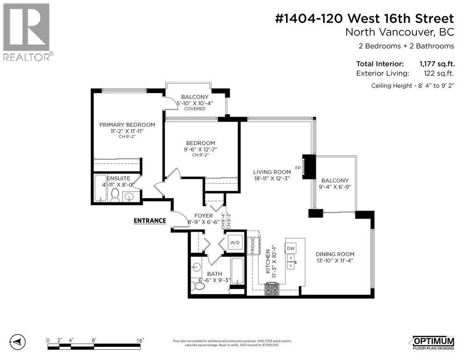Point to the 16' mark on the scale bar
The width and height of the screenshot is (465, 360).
[140, 341]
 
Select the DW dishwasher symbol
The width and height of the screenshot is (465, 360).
[290, 248]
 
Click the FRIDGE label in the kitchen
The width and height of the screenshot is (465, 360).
[253, 246]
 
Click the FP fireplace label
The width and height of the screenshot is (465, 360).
[297, 167]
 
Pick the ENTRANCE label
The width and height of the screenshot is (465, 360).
[150, 221]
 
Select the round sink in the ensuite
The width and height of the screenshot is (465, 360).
[129, 196]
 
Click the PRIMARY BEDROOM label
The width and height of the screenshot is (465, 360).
[127, 125]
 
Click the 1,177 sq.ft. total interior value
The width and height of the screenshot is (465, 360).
[436, 64]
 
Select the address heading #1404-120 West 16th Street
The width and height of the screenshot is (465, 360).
[364, 19]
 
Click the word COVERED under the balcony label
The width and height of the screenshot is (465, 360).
[194, 109]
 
